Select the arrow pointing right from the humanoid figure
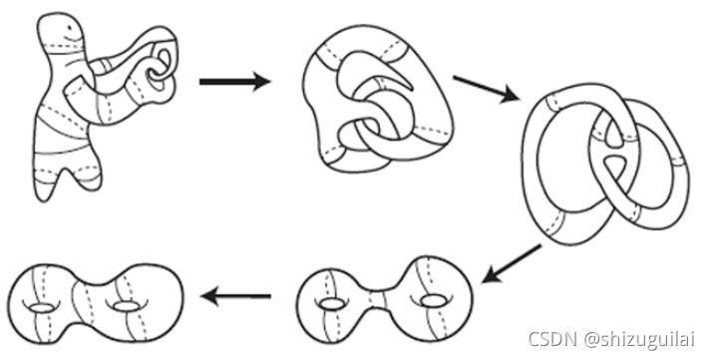coord(234,82)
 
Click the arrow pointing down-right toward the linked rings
coord(486,88)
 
